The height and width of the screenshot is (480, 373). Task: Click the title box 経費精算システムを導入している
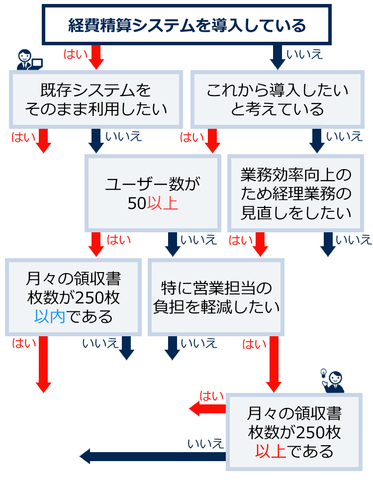pos(186,25)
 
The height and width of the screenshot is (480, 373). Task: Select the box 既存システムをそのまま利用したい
pos(95,99)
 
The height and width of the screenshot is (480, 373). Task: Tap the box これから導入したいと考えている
pos(277,99)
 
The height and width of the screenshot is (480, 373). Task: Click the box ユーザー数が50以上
pos(153,193)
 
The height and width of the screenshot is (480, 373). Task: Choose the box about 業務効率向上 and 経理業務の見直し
pos(295,193)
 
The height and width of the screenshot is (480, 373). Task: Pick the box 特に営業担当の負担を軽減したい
pos(216,296)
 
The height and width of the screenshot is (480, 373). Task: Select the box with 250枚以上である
pos(294,431)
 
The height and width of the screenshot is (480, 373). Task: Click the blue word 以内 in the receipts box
pos(50,316)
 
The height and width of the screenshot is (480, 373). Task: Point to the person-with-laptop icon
pos(28,60)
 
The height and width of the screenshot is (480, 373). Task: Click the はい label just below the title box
pos(75,53)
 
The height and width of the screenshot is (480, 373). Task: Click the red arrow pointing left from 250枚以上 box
pos(206,409)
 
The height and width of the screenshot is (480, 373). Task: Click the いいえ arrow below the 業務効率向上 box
pos(328,244)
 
